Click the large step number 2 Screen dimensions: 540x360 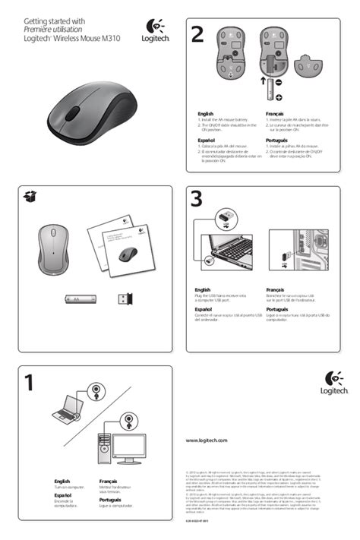click(x=198, y=35)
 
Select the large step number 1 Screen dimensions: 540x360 click(x=30, y=383)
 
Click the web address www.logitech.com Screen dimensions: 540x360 click(x=207, y=441)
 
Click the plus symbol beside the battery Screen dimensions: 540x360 click(x=279, y=97)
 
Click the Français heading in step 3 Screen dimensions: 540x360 click(x=276, y=290)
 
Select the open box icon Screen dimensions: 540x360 click(x=30, y=197)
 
